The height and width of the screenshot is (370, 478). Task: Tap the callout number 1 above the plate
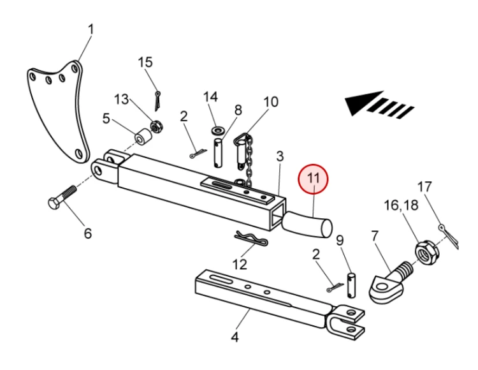(91, 29)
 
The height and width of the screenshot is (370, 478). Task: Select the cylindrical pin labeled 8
(220, 150)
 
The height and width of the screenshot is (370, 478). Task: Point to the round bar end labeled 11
(312, 225)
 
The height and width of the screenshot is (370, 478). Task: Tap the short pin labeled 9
(350, 283)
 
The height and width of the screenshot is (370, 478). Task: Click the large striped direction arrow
(380, 105)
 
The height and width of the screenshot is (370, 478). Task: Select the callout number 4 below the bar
(235, 336)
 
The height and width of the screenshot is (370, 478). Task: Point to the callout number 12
(239, 263)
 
